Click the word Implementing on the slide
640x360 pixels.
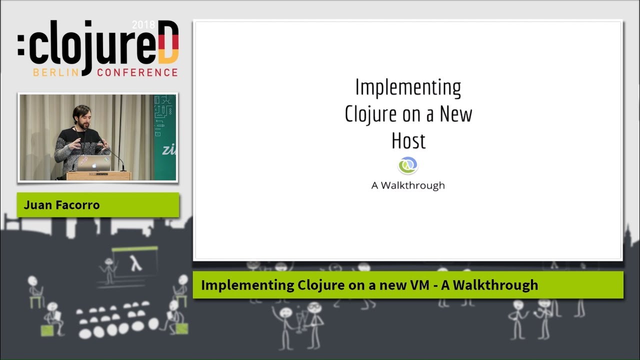(x=408, y=88)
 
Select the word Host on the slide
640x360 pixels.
(x=408, y=141)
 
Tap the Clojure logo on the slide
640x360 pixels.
(x=408, y=165)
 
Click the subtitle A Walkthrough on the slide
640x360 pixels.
(x=408, y=185)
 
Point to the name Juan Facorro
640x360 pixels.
(x=61, y=205)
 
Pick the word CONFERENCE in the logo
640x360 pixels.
(x=137, y=72)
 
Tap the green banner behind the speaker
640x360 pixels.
(x=165, y=137)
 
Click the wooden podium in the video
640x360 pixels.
(x=98, y=175)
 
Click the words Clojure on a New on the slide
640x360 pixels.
(x=408, y=114)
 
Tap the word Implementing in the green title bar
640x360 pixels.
(x=247, y=285)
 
